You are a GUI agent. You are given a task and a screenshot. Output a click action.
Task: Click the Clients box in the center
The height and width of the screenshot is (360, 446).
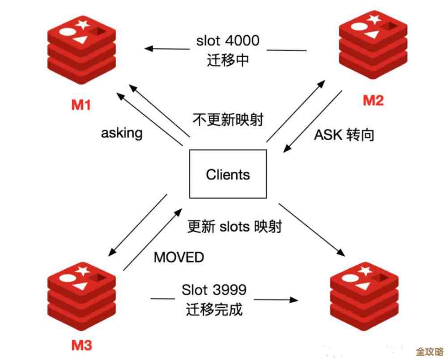(228, 174)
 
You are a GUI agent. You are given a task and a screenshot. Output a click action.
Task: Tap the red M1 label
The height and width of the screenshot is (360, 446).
(81, 105)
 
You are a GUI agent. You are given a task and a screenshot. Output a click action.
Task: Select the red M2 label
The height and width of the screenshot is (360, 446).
(373, 100)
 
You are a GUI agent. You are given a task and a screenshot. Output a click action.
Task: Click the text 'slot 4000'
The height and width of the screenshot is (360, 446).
(227, 41)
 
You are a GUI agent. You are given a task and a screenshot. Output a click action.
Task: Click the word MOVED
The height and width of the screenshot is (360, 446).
(178, 257)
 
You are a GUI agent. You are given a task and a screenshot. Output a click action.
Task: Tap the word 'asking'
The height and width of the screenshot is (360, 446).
(121, 133)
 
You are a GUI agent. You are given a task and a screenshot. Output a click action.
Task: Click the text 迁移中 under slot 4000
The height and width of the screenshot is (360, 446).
(227, 60)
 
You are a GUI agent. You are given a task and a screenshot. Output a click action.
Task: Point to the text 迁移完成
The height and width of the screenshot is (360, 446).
(214, 309)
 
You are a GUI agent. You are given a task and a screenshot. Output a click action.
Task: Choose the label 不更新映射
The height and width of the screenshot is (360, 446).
(228, 120)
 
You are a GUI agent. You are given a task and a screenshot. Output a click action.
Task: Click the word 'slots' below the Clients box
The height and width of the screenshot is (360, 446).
(234, 227)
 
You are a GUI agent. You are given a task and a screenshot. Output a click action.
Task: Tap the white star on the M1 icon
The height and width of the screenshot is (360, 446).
(82, 26)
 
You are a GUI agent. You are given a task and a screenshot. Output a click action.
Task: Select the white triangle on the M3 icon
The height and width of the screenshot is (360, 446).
(81, 286)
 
